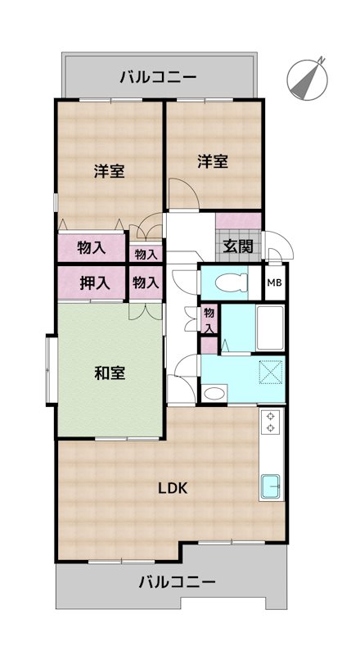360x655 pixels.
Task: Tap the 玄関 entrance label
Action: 239,245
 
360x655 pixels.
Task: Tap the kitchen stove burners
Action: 271,423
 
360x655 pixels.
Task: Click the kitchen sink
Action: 270,486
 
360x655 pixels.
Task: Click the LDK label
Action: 173,489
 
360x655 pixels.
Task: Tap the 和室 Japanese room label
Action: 109,373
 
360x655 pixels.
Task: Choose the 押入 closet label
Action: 94,283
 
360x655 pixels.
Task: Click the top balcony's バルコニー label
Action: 158,78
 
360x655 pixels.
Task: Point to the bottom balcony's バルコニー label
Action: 177,583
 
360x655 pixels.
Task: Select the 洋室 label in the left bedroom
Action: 109,171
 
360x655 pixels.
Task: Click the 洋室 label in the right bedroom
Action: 213,161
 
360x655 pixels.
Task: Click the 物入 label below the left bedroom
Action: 92,246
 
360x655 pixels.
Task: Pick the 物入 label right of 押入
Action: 146,283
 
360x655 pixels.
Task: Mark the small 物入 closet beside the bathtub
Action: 209,318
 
